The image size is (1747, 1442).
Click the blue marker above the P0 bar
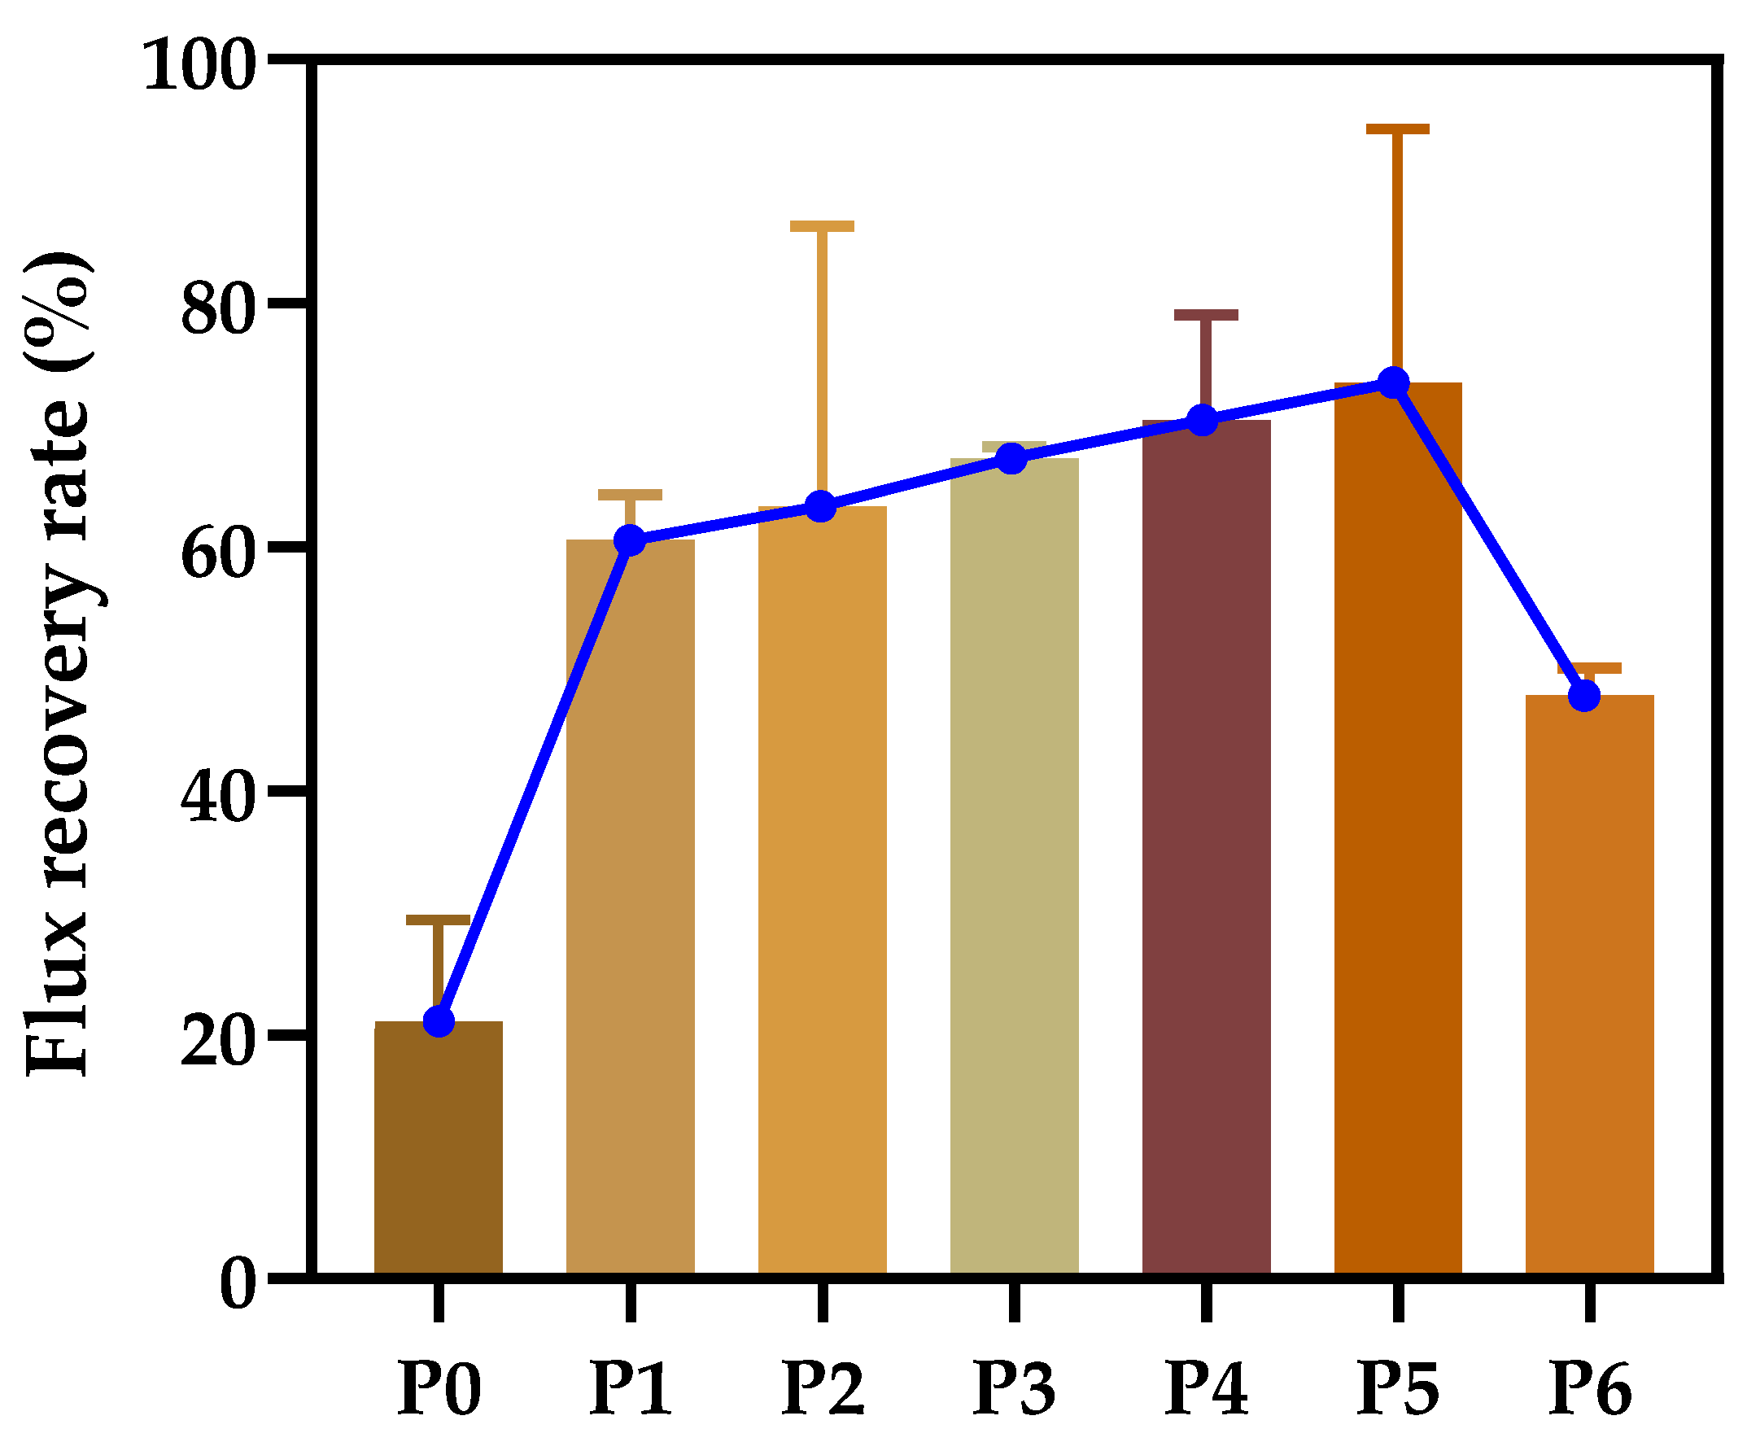pos(439,1022)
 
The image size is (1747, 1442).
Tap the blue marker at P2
pos(821,506)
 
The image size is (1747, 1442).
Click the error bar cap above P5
pos(1397,129)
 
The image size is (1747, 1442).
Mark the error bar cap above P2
pos(822,226)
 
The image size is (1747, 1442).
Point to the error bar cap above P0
pos(438,920)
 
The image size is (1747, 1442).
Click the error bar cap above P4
pos(1205,315)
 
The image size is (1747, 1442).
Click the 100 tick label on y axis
pos(198,67)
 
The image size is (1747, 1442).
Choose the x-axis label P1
pos(630,1388)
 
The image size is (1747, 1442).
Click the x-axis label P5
pos(1397,1388)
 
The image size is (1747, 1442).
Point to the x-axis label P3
pos(1014,1388)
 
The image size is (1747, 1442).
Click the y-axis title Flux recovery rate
pos(58,665)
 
